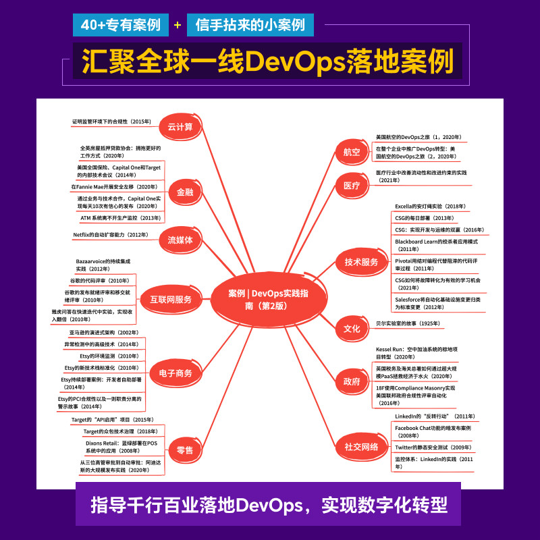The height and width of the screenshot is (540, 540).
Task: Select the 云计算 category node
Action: tap(180, 127)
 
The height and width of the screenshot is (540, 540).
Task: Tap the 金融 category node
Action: tap(184, 192)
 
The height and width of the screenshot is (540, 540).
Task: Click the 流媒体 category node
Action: tap(180, 240)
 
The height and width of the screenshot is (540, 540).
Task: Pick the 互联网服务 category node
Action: tap(170, 300)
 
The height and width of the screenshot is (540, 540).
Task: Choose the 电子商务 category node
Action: tap(175, 373)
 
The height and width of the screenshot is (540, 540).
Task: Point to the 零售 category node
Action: tap(184, 449)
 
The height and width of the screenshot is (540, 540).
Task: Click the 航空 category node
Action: tap(352, 153)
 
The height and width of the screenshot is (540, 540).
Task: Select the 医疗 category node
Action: tap(352, 185)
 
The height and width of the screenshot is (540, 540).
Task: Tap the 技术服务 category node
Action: tap(361, 262)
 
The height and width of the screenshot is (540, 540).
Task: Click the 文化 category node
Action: tap(352, 329)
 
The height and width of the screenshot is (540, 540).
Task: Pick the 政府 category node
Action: tap(352, 381)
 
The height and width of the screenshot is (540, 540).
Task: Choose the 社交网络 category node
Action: tap(361, 446)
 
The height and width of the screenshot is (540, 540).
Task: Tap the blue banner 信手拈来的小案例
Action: tap(250, 25)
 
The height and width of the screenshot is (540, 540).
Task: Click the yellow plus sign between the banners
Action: tap(178, 26)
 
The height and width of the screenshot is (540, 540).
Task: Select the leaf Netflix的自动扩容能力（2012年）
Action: tap(110, 235)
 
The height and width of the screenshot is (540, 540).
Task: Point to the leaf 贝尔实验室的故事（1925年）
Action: tap(409, 324)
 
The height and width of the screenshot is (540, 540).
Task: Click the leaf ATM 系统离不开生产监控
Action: tap(119, 218)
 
